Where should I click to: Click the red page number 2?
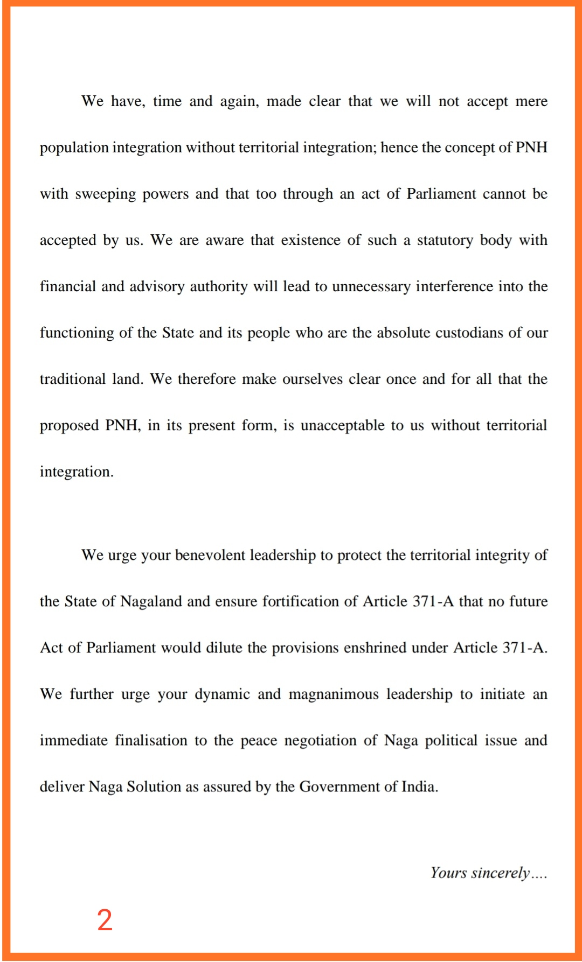pyautogui.click(x=105, y=919)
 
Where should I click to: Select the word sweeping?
pyautogui.click(x=105, y=194)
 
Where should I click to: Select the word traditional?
pyautogui.click(x=73, y=380)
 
